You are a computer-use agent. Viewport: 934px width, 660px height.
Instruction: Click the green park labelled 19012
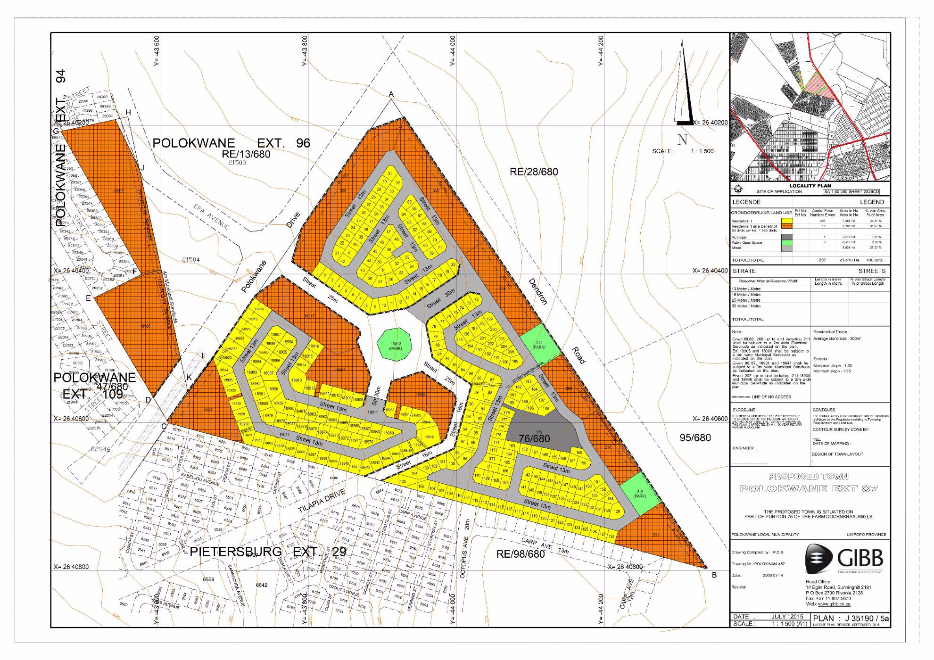395,344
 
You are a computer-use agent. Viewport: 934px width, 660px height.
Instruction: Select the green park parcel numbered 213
639,494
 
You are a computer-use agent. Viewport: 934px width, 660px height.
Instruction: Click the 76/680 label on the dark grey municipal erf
534,438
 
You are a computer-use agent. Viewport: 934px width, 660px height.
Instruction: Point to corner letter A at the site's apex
391,95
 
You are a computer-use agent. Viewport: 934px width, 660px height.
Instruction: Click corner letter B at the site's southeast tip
714,575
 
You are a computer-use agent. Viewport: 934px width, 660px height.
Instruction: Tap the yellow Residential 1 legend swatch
787,221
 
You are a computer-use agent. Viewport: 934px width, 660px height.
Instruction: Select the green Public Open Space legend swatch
787,242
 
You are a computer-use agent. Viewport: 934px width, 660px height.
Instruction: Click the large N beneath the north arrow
682,139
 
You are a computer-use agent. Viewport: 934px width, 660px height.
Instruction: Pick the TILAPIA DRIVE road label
322,501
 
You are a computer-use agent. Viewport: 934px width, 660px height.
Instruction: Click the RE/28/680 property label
533,172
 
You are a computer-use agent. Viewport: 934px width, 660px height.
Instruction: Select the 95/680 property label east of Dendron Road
695,437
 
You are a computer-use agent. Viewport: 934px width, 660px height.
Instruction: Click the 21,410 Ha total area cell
849,260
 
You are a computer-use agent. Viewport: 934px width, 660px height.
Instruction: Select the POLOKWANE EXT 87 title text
808,488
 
